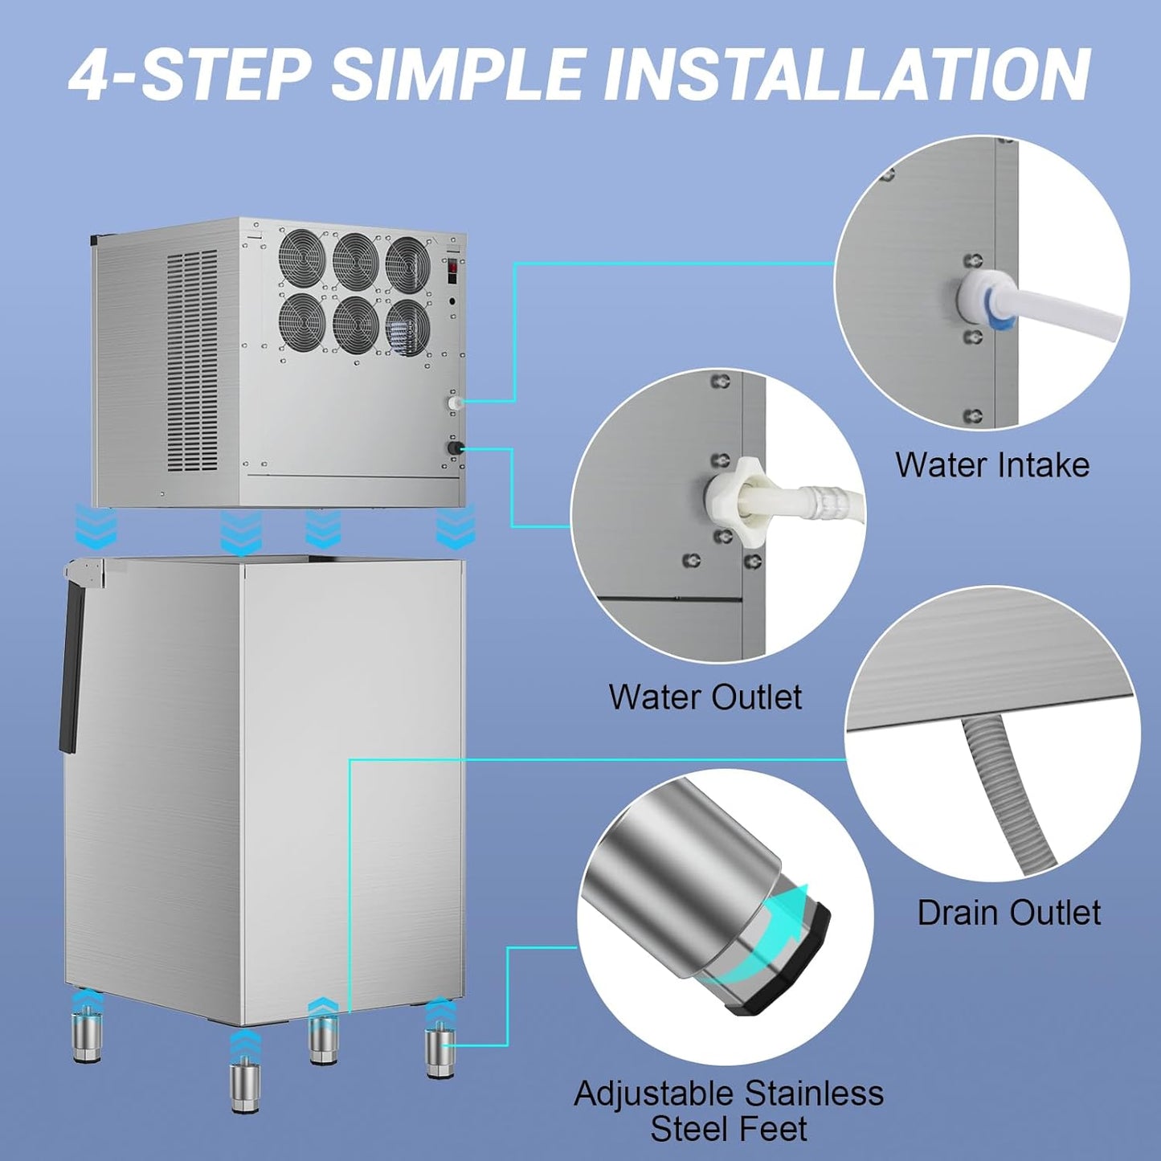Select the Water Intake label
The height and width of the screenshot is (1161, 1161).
pyautogui.click(x=992, y=465)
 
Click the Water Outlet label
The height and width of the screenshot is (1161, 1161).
pyautogui.click(x=705, y=697)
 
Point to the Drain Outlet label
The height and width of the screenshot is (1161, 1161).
pyautogui.click(x=1008, y=913)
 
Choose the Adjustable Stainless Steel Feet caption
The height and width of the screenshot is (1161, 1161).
pyautogui.click(x=729, y=1111)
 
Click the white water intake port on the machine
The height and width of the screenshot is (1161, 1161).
pyautogui.click(x=455, y=401)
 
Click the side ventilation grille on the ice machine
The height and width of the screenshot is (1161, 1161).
pyautogui.click(x=192, y=362)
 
